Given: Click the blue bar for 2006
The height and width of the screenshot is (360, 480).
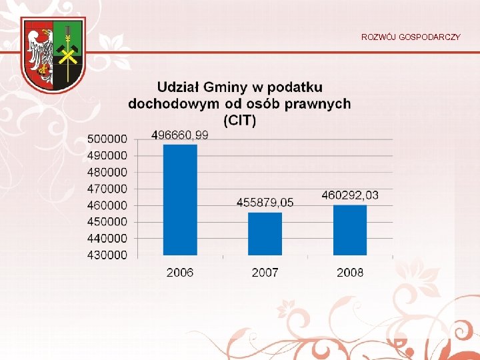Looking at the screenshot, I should pyautogui.click(x=180, y=199).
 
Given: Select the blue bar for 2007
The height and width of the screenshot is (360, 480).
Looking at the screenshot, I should pyautogui.click(x=265, y=233).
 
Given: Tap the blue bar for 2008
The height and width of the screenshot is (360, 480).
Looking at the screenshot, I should pyautogui.click(x=350, y=229).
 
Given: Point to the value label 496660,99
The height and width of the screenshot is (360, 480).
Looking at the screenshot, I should pyautogui.click(x=180, y=135).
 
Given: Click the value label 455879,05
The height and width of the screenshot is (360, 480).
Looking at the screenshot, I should pyautogui.click(x=265, y=202).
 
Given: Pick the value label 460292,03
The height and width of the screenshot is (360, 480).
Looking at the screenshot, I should pyautogui.click(x=350, y=195).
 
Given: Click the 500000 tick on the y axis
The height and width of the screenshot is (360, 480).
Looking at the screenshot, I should pyautogui.click(x=107, y=139).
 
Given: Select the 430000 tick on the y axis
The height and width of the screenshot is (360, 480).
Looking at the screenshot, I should pyautogui.click(x=107, y=255).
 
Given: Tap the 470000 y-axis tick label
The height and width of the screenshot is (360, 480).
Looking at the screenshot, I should pyautogui.click(x=107, y=189).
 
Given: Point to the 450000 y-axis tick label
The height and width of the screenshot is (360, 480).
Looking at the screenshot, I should pyautogui.click(x=107, y=222).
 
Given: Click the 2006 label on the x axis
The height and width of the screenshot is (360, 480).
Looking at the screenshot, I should pyautogui.click(x=180, y=272).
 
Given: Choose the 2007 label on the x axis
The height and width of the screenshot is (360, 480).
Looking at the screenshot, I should pyautogui.click(x=265, y=272).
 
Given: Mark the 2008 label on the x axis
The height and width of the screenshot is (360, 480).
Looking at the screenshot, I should pyautogui.click(x=350, y=272).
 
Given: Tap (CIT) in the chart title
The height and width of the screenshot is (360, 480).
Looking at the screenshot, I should pyautogui.click(x=239, y=120).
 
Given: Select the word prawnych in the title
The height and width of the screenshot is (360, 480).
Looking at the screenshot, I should pyautogui.click(x=317, y=103).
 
